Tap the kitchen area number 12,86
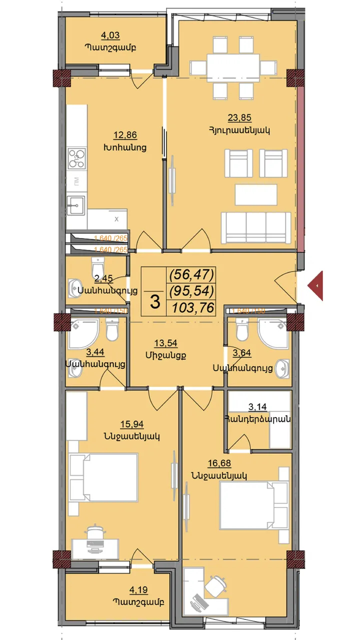125,135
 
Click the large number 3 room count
155,302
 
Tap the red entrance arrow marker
317,286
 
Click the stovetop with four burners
77,158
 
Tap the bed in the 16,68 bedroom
254,504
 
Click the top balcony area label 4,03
110,35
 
